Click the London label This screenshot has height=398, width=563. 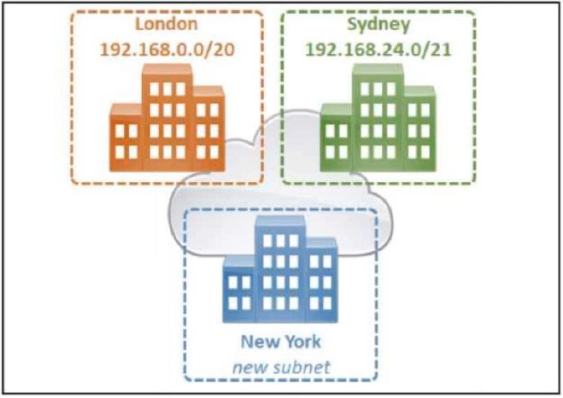coord(167,24)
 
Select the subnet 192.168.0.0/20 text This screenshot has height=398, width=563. coord(167,50)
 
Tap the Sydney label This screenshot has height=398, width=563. coord(378,25)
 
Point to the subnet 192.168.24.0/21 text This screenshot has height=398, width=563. coord(378,50)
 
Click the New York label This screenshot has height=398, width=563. coord(281,342)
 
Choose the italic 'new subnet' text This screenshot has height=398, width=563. coord(281,367)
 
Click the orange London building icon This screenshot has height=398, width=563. coord(167,118)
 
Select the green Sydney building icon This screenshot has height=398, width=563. coord(378,118)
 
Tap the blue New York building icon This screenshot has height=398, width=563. coord(280,269)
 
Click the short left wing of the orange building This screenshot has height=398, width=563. coord(126,138)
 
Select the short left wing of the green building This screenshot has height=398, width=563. coord(337,138)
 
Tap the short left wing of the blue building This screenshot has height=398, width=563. coord(239,290)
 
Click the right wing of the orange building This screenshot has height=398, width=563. coord(209,129)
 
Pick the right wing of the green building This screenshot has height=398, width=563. coord(419,129)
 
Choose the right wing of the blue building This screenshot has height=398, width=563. coord(322,280)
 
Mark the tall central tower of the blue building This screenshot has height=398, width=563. coord(280,269)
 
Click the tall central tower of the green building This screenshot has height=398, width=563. coord(378,118)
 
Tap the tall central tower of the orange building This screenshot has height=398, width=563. coord(167,118)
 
